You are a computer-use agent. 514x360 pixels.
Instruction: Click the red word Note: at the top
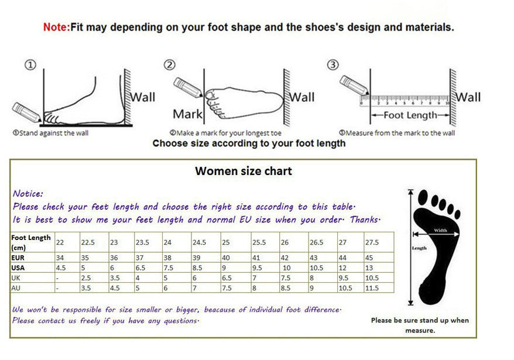pyautogui.click(x=57, y=27)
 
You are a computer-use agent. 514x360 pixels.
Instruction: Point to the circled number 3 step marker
pyautogui.click(x=333, y=64)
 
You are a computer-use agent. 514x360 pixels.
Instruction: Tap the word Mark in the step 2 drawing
pyautogui.click(x=187, y=114)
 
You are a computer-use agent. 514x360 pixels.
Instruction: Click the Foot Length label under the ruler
pyautogui.click(x=410, y=115)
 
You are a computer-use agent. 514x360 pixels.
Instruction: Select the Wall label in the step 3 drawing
pyautogui.click(x=468, y=97)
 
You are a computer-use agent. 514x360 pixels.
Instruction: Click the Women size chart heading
pyautogui.click(x=243, y=171)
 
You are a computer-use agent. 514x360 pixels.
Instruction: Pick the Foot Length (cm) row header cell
pyautogui.click(x=32, y=242)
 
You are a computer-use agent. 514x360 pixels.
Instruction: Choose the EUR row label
pyautogui.click(x=19, y=257)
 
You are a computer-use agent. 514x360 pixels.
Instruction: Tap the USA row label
pyautogui.click(x=19, y=268)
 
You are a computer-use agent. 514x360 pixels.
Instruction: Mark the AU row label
pyautogui.click(x=16, y=287)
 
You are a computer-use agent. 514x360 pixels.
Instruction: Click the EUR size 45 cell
pyautogui.click(x=369, y=257)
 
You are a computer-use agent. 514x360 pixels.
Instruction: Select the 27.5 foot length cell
pyautogui.click(x=372, y=242)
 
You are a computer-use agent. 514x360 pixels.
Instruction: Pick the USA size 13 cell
pyautogui.click(x=368, y=268)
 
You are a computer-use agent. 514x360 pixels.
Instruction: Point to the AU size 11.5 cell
pyautogui.click(x=371, y=287)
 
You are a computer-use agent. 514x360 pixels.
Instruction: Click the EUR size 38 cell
pyautogui.click(x=167, y=257)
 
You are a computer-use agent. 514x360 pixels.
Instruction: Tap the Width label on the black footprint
pyautogui.click(x=440, y=231)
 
